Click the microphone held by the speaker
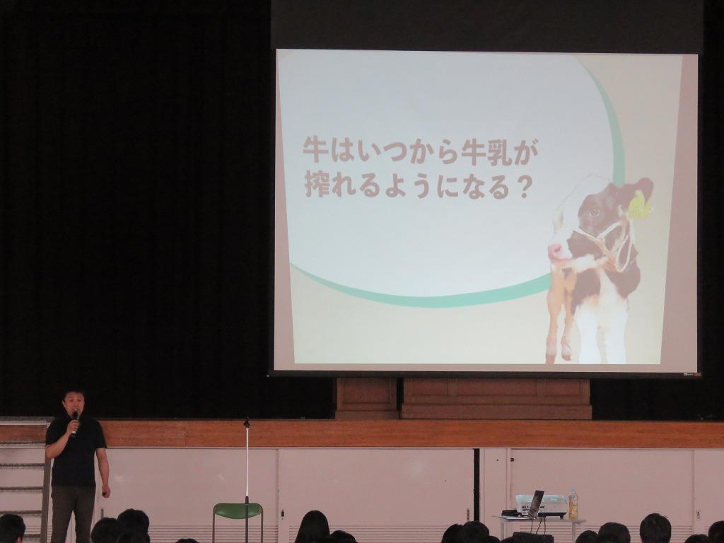point(74,421)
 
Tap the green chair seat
point(238,510)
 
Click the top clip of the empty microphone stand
point(247,422)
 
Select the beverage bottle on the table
point(573,504)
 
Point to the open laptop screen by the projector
point(536,503)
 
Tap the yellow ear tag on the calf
point(639,205)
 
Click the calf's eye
point(593,212)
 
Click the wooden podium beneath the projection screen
point(464,399)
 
